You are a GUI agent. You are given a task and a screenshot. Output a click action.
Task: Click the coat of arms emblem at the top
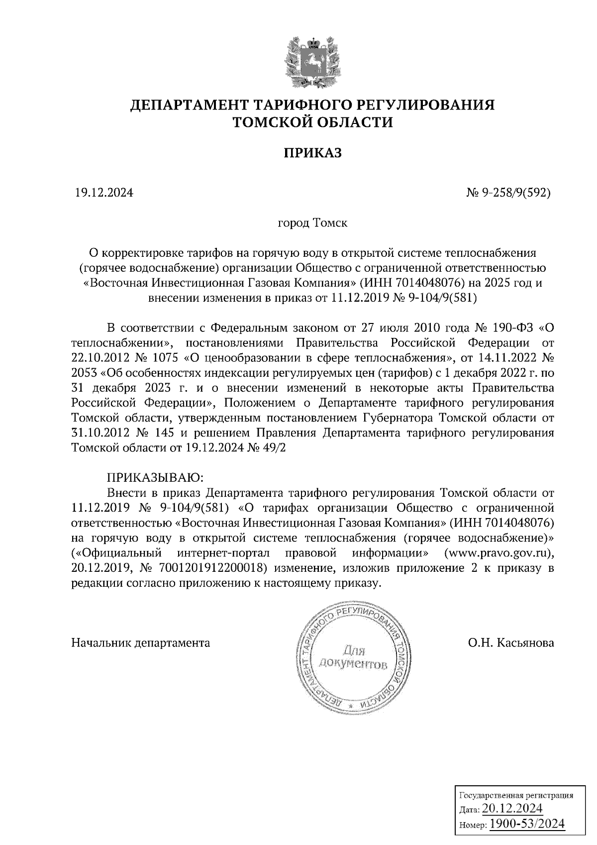[312, 62]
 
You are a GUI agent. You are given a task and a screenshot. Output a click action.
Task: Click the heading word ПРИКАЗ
[312, 153]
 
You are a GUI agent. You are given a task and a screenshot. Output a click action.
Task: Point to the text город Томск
[312, 222]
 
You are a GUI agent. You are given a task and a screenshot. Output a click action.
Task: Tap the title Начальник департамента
[141, 642]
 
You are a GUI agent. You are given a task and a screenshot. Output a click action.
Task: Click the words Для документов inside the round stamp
[353, 657]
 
